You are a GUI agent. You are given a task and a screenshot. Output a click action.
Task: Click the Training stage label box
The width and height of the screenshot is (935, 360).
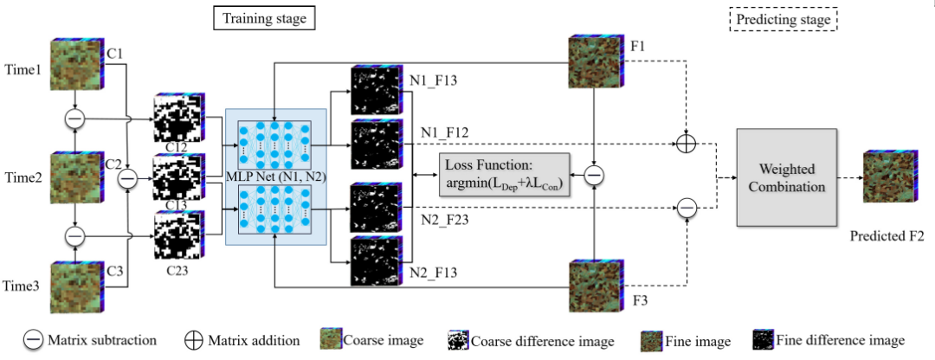point(263,17)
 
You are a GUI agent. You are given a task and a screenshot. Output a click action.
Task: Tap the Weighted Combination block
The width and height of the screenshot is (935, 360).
point(787,177)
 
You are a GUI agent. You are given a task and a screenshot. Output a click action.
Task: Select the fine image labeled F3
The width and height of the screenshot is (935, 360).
point(594,286)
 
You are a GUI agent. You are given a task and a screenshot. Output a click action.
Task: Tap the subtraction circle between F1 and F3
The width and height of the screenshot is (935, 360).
point(594,177)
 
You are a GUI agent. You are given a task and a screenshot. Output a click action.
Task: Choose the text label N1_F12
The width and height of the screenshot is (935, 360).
point(445,132)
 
